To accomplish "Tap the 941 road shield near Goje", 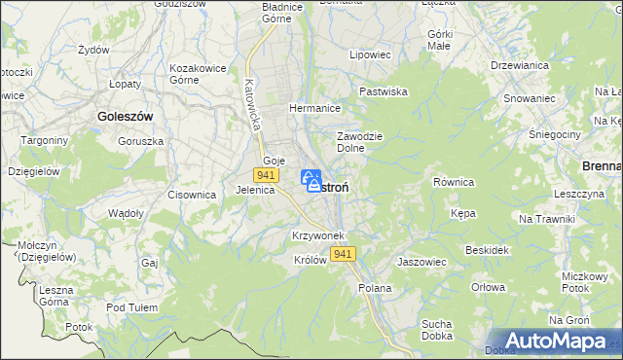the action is (265, 174).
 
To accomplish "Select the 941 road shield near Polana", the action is (342, 254).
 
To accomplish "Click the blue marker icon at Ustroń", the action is (311, 180).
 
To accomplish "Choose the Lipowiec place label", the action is (370, 55).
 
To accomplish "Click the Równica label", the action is (453, 182).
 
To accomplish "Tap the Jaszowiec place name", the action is (421, 262).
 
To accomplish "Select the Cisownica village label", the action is (191, 195).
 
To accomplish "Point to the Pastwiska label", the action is (383, 91).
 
